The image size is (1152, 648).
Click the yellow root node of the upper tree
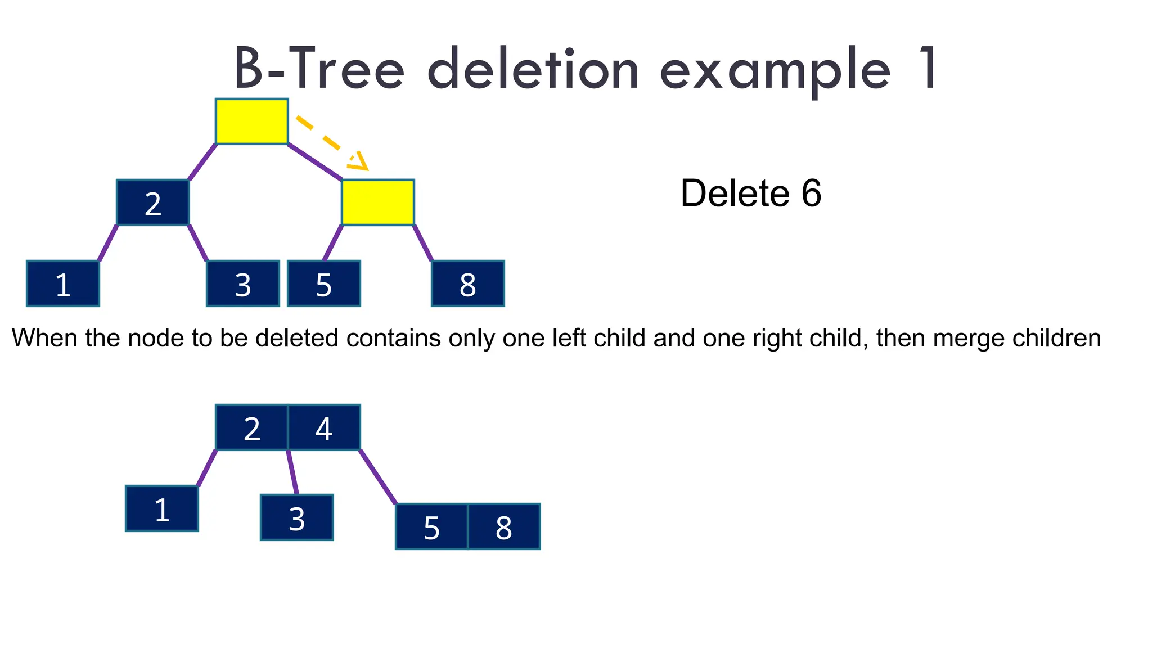tap(252, 121)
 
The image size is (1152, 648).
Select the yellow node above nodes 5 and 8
tap(378, 202)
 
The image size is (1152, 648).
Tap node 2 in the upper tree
tap(153, 202)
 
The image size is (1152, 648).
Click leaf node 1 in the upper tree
tap(63, 283)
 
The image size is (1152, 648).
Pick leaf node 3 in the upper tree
tap(243, 283)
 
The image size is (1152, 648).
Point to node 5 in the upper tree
tap(324, 283)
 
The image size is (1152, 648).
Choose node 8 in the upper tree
tap(468, 283)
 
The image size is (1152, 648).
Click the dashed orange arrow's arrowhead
tap(359, 161)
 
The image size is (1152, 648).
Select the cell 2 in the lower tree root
tap(252, 427)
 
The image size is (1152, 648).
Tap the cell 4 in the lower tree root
tap(324, 427)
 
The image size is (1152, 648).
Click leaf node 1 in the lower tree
tap(162, 508)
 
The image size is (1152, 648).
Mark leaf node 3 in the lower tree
tap(297, 517)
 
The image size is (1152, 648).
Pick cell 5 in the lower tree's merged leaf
tap(432, 526)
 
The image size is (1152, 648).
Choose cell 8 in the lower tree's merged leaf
tap(504, 526)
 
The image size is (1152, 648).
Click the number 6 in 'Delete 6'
tap(811, 193)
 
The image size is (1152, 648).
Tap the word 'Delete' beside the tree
tap(735, 193)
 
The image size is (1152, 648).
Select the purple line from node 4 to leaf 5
tap(378, 476)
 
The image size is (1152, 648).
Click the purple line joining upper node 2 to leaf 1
tap(108, 243)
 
